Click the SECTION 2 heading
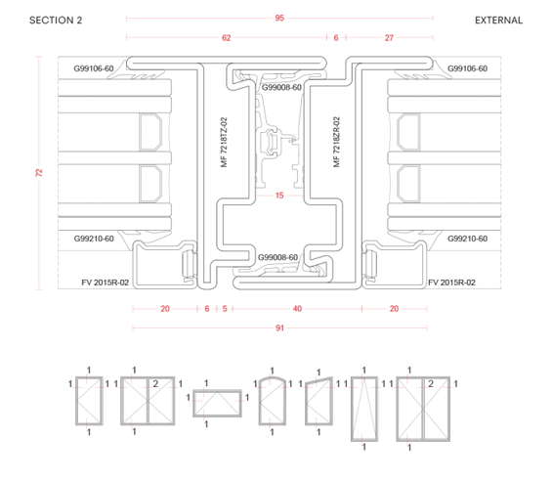tap(56, 21)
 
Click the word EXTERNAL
tap(498, 21)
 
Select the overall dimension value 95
tap(279, 18)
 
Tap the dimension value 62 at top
tap(226, 38)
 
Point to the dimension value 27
tap(389, 38)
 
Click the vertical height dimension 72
tap(39, 173)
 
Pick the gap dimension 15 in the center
tap(279, 196)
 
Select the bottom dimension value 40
tap(297, 309)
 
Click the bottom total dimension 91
tap(279, 327)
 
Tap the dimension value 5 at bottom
tap(225, 309)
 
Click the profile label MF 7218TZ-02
tap(225, 143)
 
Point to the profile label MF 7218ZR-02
tap(336, 143)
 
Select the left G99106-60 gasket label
tap(94, 68)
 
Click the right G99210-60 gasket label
tap(468, 239)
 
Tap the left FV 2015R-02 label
tap(105, 283)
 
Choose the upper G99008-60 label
tap(281, 87)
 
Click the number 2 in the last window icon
tap(431, 383)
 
